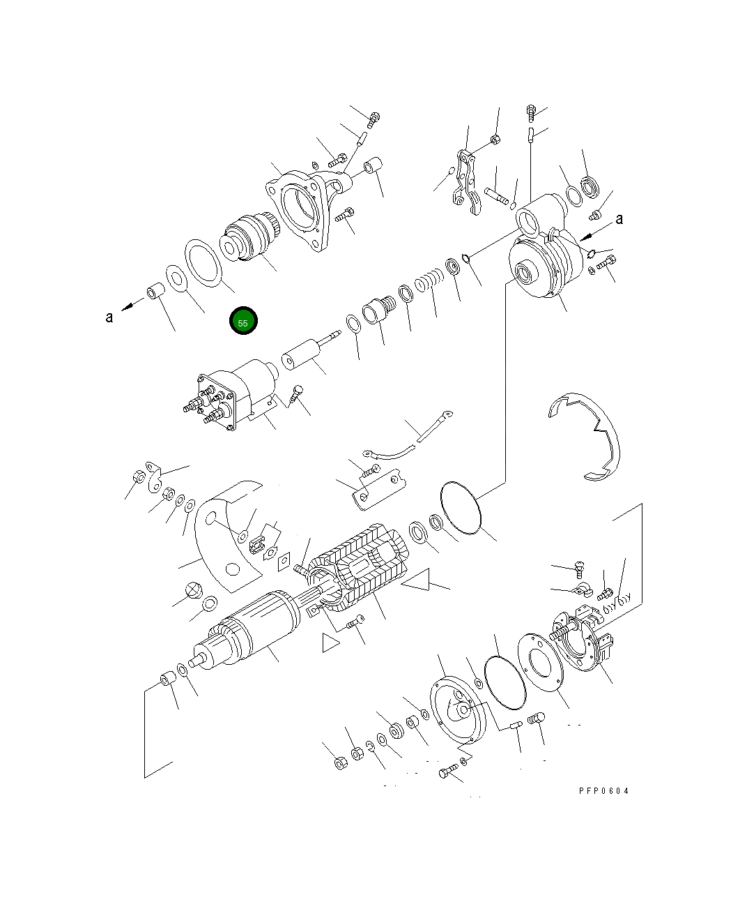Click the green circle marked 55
pyautogui.click(x=243, y=322)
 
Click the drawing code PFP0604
pyautogui.click(x=603, y=791)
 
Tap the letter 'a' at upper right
pyautogui.click(x=619, y=219)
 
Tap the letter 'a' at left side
pyautogui.click(x=109, y=317)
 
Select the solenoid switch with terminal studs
pyautogui.click(x=223, y=398)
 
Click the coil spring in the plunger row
pyautogui.click(x=429, y=281)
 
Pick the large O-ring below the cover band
pyautogui.click(x=461, y=510)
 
